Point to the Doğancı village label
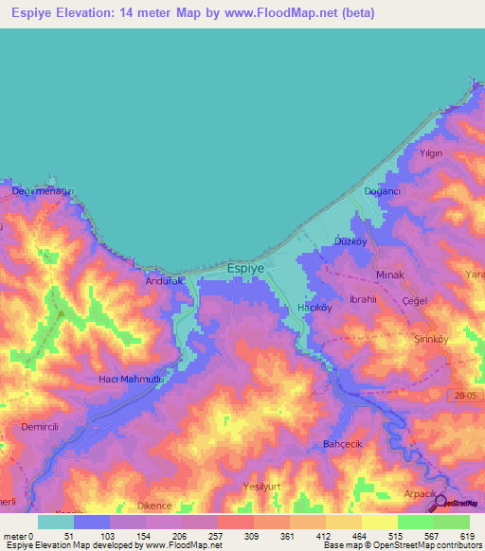coord(384,191)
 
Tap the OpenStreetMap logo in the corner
coord(458,502)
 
